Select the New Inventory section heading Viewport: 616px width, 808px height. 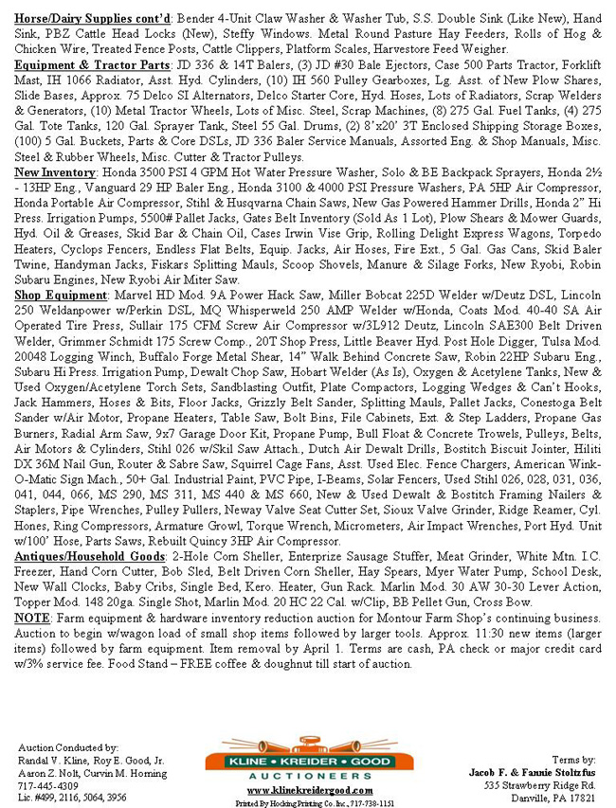(58, 174)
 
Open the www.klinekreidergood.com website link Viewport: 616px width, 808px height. (305, 789)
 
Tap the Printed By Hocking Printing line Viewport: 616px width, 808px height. (305, 801)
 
